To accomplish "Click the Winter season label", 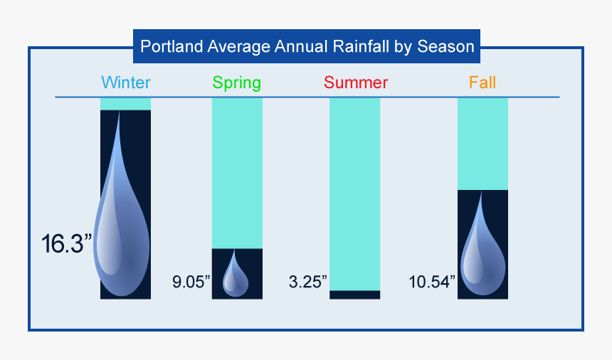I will pos(125,83).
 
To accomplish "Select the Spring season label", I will pos(237,83).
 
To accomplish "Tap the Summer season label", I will pos(355,83).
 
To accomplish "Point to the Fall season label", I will pos(482,83).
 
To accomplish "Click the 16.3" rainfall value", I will pos(67,244).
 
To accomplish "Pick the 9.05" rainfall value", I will pos(191,281).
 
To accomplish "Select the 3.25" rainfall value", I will pos(307,281).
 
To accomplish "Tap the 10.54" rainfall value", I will pos(432,281).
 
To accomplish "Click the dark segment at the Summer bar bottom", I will pos(355,295).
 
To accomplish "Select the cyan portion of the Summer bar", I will pos(355,192).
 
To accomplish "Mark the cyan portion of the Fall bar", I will pos(482,143).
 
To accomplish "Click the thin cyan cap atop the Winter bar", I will pos(125,104).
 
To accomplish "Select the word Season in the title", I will pos(445,47).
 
